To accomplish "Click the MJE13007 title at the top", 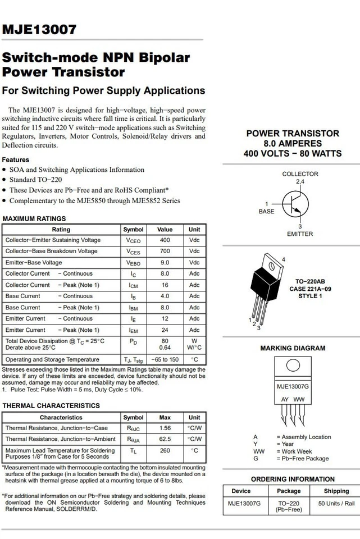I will pyautogui.click(x=39, y=30).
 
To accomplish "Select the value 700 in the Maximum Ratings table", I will pyautogui.click(x=165, y=251).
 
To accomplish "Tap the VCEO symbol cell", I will pyautogui.click(x=133, y=240).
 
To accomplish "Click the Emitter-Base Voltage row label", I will pyautogui.click(x=34, y=262).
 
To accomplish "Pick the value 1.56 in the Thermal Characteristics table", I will pyautogui.click(x=165, y=428).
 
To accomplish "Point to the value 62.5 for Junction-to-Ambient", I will pyautogui.click(x=165, y=439).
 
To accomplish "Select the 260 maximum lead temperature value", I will pyautogui.click(x=165, y=450).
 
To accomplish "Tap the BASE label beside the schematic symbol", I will pyautogui.click(x=266, y=212).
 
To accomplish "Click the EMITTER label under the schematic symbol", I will pyautogui.click(x=300, y=234).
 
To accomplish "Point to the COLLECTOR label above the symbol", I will pyautogui.click(x=300, y=174).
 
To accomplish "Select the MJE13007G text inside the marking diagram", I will pyautogui.click(x=293, y=387).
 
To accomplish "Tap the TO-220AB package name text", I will pyautogui.click(x=310, y=281).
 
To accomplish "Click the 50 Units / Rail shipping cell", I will pyautogui.click(x=336, y=504).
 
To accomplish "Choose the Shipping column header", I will pyautogui.click(x=336, y=491).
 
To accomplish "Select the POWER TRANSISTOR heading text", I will pyautogui.click(x=293, y=134).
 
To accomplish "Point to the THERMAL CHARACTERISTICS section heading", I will pyautogui.click(x=51, y=405).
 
